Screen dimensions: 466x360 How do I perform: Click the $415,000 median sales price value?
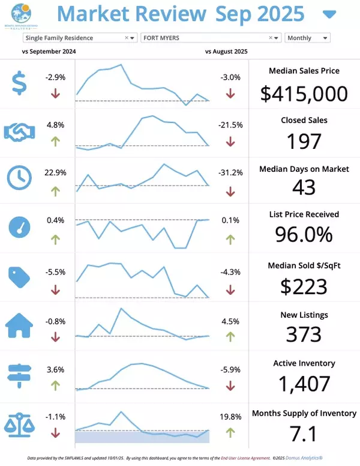point(304,94)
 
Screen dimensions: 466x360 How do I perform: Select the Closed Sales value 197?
point(304,141)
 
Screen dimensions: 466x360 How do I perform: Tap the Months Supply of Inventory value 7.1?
point(304,433)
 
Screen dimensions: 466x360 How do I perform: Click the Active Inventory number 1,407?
point(304,383)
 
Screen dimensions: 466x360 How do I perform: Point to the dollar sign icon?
point(19,83)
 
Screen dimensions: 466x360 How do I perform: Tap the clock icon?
point(19,177)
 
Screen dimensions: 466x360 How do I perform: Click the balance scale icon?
point(19,423)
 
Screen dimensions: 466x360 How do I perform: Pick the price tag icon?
point(19,276)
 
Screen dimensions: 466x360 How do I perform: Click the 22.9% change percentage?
point(55,172)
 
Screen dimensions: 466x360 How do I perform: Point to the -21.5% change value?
point(231,125)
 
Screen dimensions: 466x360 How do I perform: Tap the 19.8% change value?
point(231,416)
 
